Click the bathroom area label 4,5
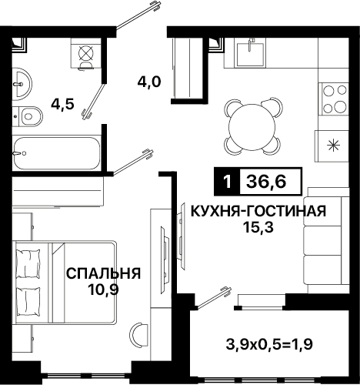pyautogui.click(x=62, y=105)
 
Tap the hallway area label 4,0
pyautogui.click(x=149, y=82)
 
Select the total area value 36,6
pyautogui.click(x=266, y=182)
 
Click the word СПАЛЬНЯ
pyautogui.click(x=104, y=273)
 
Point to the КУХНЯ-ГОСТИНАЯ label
pyautogui.click(x=258, y=211)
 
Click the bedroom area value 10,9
pyautogui.click(x=103, y=290)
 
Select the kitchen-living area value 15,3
pyautogui.click(x=258, y=227)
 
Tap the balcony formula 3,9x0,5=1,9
pyautogui.click(x=269, y=344)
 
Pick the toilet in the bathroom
pyautogui.click(x=28, y=116)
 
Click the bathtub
pyautogui.click(x=56, y=153)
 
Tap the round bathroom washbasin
pyautogui.click(x=22, y=82)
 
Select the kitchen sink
pyautogui.click(x=250, y=54)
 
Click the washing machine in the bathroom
pyautogui.click(x=85, y=53)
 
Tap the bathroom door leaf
pyautogui.click(x=94, y=102)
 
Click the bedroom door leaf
pyautogui.click(x=133, y=162)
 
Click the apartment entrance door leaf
pyautogui.click(x=139, y=15)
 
